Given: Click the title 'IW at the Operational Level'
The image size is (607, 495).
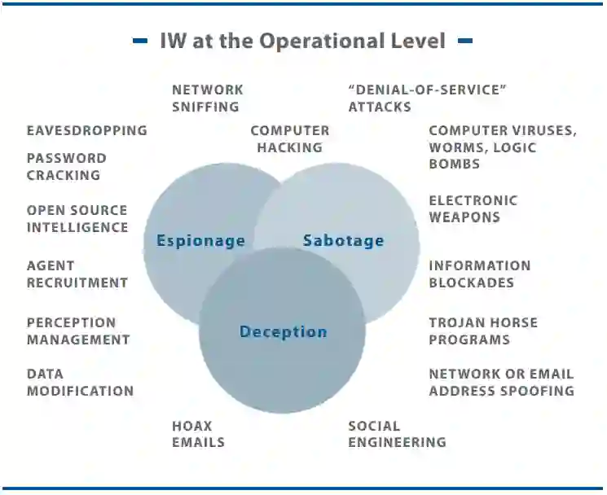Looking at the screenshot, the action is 303,41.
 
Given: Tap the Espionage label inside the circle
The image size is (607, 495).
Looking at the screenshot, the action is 200,240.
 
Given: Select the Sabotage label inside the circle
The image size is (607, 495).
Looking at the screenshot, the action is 343,240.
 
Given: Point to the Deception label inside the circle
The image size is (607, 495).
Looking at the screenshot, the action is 283,331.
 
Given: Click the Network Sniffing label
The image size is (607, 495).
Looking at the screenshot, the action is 207,98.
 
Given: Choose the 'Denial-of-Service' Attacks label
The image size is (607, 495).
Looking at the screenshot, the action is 427,98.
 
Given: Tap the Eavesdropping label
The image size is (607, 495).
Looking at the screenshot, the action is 86,130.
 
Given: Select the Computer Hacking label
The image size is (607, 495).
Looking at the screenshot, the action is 289,139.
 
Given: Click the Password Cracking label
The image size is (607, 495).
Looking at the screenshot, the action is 66,166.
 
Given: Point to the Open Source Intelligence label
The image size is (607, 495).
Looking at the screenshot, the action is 77,219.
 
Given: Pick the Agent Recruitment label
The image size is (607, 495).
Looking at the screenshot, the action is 77,274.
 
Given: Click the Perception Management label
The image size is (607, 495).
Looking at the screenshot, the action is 77,331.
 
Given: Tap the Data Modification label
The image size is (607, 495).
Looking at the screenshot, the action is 80,383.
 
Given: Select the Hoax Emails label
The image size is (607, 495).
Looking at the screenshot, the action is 198,434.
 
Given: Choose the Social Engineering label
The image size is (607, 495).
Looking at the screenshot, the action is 397,434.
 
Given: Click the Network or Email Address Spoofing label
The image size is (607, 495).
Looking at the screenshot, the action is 501,383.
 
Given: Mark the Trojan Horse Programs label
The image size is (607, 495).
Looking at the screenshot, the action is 483,331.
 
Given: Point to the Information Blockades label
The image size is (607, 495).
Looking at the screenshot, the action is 479,274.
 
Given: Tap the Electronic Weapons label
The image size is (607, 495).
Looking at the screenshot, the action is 473,208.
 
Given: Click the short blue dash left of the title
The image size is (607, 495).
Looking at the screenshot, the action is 140,41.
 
